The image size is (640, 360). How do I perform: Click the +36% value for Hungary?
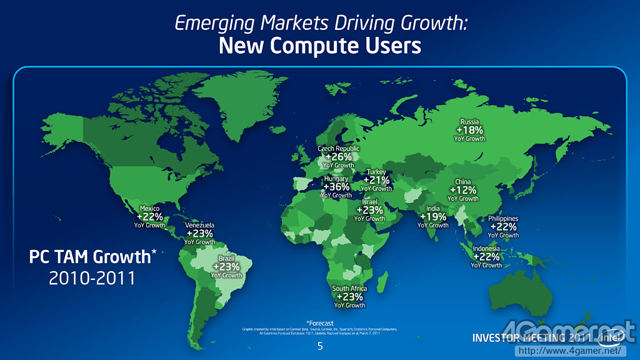337,187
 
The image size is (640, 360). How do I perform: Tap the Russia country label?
469,122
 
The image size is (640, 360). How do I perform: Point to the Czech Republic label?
339,149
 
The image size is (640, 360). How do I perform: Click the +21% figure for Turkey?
376,180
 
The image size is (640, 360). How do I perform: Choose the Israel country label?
369,202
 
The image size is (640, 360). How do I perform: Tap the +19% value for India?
433,217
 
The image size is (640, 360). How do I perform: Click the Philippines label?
504,219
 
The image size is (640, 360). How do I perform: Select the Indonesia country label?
487,249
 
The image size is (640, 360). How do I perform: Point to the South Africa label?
349,289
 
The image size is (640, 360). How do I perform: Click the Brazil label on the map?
226,258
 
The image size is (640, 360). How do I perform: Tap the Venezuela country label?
200,225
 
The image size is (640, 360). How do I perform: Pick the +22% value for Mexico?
150,216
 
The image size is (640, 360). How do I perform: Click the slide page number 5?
320,346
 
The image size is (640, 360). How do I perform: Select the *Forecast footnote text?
319,323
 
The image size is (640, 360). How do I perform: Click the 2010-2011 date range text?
92,277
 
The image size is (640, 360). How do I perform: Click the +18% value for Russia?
469,130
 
